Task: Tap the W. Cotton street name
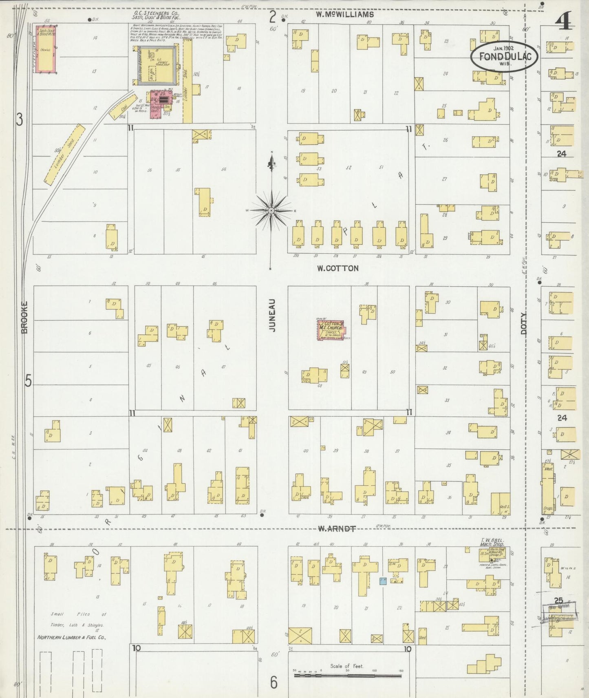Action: click(338, 268)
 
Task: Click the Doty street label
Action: click(524, 323)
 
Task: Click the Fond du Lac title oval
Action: click(505, 56)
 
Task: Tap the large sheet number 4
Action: click(565, 20)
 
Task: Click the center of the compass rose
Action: click(271, 210)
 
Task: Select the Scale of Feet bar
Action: click(348, 676)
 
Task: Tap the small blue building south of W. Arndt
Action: click(383, 581)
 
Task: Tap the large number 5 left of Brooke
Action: click(28, 381)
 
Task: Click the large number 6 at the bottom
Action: click(274, 682)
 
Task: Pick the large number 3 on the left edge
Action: click(19, 119)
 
